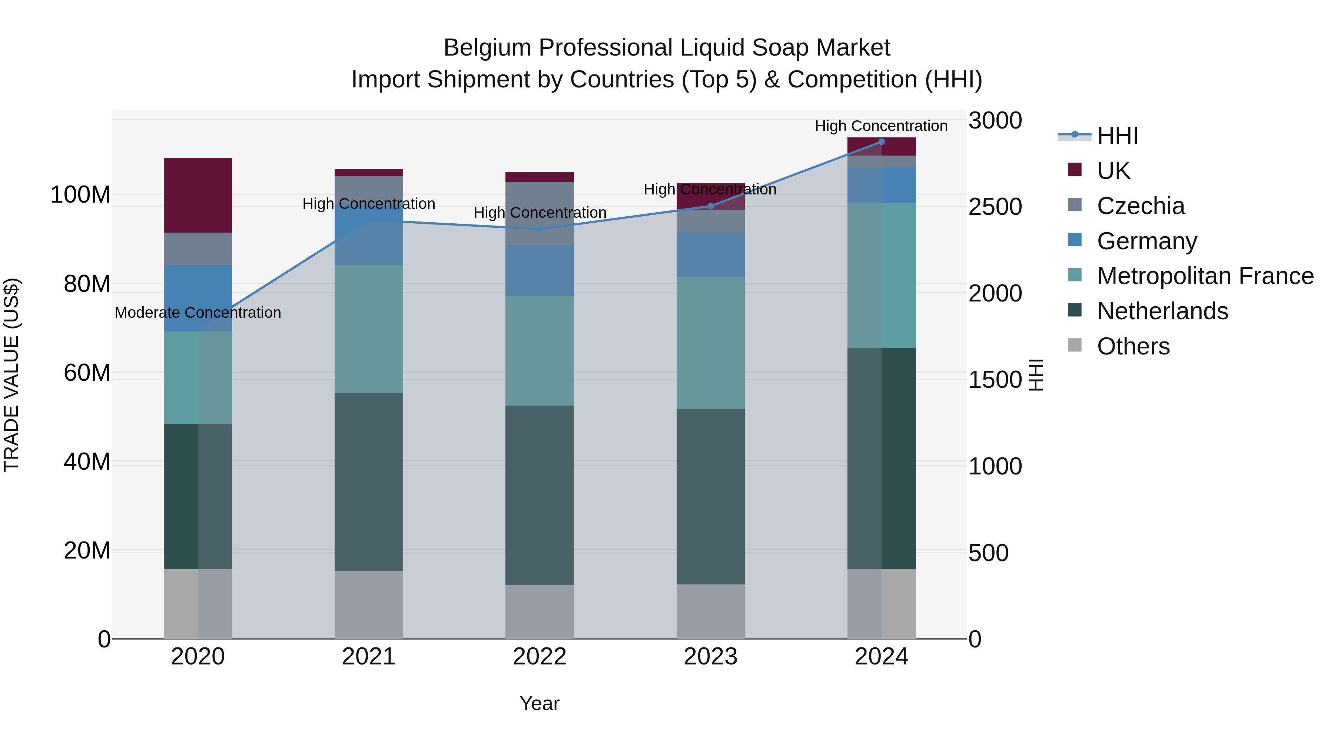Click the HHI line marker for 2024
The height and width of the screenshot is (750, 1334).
point(882,142)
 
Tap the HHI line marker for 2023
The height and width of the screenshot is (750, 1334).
point(710,206)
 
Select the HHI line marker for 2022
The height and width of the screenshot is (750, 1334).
point(540,229)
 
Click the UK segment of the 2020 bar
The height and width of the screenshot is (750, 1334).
point(198,195)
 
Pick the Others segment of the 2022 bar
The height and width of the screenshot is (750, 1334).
point(540,612)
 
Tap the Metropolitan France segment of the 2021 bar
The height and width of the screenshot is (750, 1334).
point(369,329)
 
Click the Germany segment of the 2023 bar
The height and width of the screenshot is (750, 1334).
point(710,255)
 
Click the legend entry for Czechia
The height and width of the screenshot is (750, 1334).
point(1140,206)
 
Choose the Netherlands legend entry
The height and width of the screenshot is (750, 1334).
point(1162,311)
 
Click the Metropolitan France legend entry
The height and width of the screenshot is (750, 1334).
point(1205,276)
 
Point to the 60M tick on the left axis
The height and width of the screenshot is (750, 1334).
point(87,373)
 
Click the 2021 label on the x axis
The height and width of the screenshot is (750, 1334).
point(369,657)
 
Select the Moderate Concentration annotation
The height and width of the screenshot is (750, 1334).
point(198,313)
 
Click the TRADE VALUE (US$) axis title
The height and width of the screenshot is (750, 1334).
point(11,375)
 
